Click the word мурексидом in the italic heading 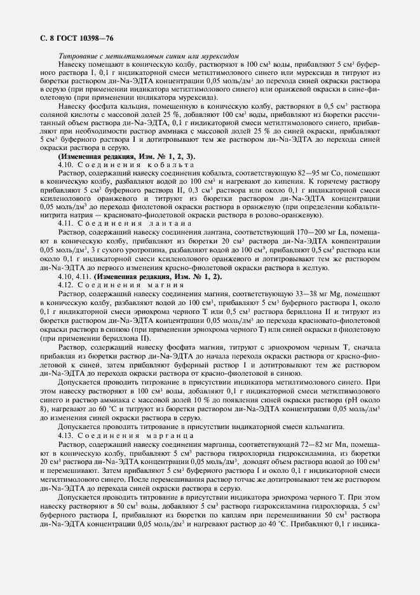(x=219, y=57)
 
